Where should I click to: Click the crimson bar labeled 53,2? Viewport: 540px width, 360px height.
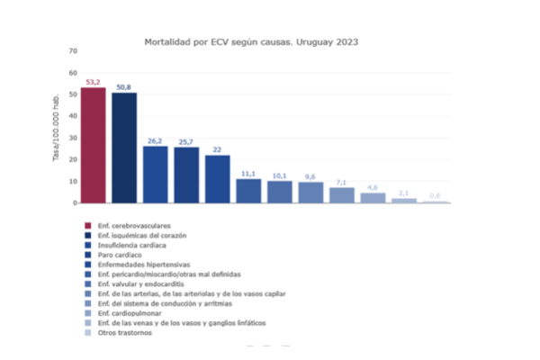coord(94,145)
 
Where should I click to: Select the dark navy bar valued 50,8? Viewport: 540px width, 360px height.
coord(124,148)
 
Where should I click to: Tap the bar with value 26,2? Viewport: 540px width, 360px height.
coord(155,174)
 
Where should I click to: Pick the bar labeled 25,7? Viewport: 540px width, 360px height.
coord(186,175)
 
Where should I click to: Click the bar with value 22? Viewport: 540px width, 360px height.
coord(217,178)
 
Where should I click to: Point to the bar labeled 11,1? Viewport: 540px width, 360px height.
coord(248,190)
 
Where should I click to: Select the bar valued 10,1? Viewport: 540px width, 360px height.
coord(279,191)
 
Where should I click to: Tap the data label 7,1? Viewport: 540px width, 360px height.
coord(341,181)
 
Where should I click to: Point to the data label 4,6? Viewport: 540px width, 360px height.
coord(373,186)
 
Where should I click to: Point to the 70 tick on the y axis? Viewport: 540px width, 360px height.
coord(73,50)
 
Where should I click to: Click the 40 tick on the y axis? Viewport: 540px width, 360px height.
coord(73,116)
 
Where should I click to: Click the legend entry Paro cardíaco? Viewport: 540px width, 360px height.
coord(122,254)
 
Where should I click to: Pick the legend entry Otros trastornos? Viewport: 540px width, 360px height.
coord(125,333)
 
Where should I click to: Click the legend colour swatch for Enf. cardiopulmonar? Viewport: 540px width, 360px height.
coord(87,313)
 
